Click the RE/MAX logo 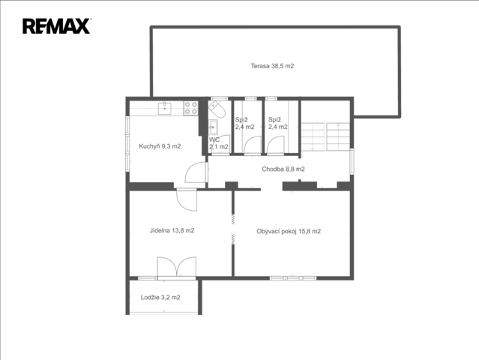click(56, 26)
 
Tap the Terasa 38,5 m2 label click(272, 66)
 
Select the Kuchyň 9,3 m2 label click(160, 146)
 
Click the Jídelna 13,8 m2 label click(172, 230)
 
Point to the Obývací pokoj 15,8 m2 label click(289, 231)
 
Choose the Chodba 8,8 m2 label click(283, 169)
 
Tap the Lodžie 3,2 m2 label click(160, 297)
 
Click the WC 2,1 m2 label click(218, 143)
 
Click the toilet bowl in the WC click(217, 109)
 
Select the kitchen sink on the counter click(164, 109)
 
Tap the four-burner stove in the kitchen click(190, 108)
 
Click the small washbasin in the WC click(213, 127)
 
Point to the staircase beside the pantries click(325, 136)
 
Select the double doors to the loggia click(177, 267)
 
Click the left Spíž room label click(244, 123)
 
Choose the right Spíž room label click(277, 123)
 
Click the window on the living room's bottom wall click(293, 278)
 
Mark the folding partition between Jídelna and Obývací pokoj click(233, 229)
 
